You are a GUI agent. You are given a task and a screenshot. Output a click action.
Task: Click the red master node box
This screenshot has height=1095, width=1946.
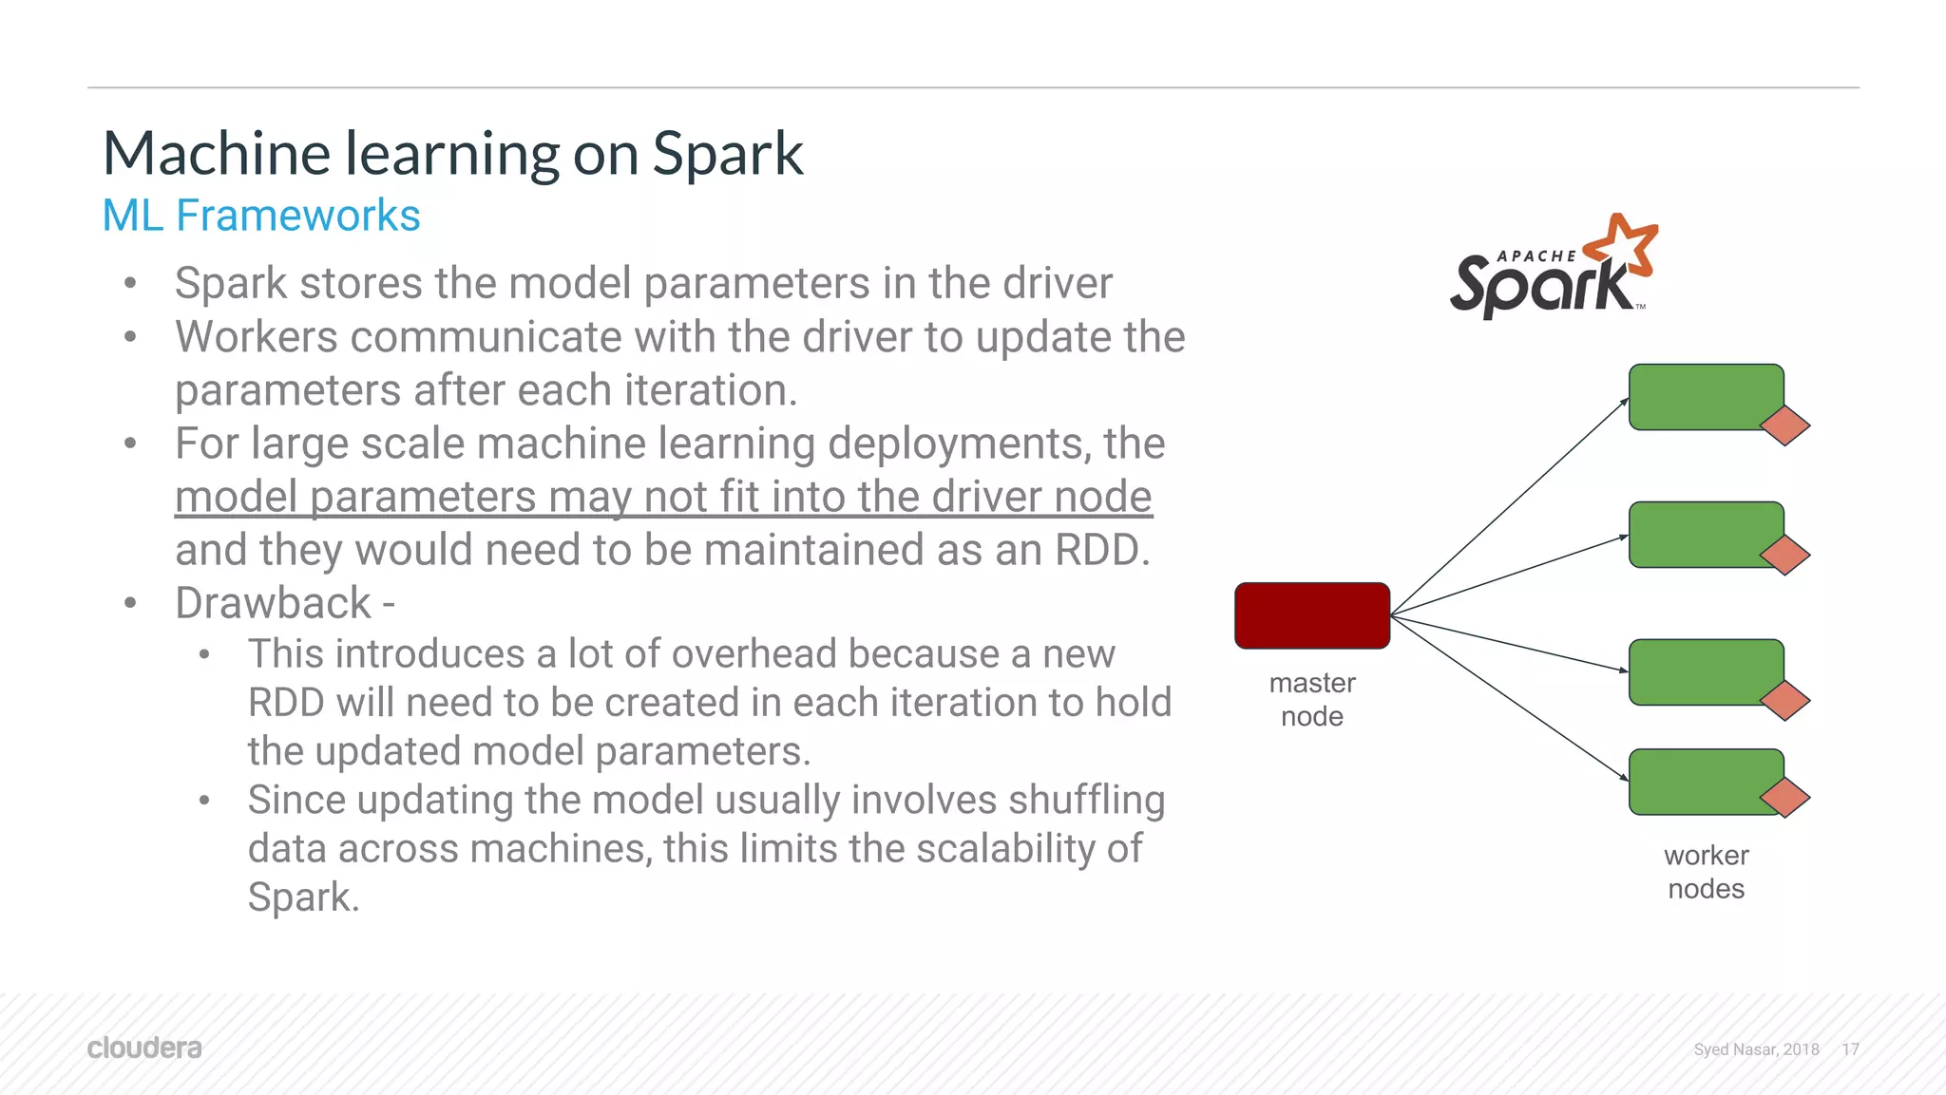1312,615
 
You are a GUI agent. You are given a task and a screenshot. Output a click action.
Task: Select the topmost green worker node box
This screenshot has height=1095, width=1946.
1701,395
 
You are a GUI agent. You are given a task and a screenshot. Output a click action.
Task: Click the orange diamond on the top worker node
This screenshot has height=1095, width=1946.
1785,425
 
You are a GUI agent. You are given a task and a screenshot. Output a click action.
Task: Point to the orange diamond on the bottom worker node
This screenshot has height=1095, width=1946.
1785,798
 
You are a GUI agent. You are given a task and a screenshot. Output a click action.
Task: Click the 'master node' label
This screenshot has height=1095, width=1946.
1312,699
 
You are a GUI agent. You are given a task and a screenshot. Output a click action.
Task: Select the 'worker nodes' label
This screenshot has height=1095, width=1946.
1706,872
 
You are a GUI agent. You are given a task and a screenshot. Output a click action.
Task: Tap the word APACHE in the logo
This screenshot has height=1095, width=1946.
1536,256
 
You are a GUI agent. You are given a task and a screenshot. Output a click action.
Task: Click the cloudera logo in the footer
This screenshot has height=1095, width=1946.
144,1048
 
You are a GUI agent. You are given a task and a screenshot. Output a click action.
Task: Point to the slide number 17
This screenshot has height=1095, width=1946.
1850,1049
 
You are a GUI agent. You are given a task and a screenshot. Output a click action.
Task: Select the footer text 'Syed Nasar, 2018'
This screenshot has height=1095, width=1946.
1756,1049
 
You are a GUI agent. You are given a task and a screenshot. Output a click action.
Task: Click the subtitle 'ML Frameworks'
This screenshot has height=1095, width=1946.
261,216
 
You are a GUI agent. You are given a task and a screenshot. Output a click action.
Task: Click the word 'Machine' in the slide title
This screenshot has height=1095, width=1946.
217,154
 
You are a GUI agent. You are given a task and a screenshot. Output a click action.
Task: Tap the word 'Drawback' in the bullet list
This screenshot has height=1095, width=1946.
274,603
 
